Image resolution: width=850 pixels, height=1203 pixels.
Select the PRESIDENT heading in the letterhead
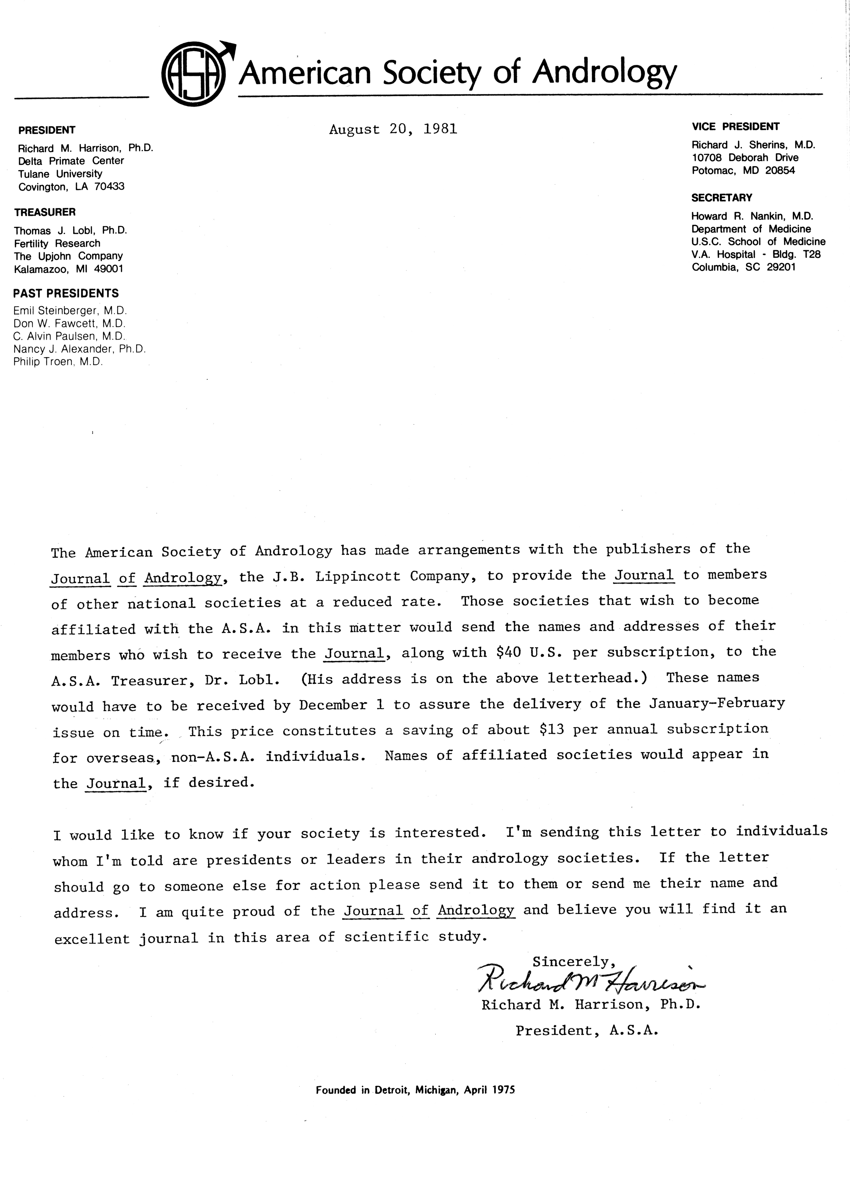(47, 130)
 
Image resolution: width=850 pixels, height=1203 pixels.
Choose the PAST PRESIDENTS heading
(66, 293)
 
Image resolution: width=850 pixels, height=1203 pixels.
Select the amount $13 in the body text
(552, 730)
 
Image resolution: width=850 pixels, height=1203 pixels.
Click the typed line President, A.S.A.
(586, 1031)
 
